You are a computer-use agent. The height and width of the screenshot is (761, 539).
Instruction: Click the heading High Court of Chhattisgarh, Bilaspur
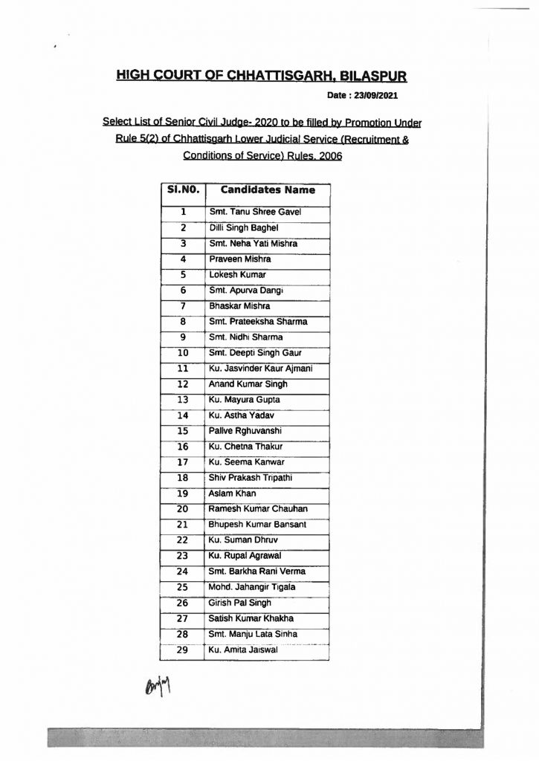pyautogui.click(x=262, y=77)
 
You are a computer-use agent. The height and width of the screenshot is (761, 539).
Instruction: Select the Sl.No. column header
pyautogui.click(x=181, y=190)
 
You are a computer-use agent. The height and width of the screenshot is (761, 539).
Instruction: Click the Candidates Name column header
pyautogui.click(x=268, y=190)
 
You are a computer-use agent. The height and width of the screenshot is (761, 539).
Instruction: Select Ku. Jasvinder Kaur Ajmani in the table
pyautogui.click(x=259, y=369)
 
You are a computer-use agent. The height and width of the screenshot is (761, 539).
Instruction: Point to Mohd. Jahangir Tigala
pyautogui.click(x=253, y=587)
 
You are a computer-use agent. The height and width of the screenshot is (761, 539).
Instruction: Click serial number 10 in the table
pyautogui.click(x=181, y=352)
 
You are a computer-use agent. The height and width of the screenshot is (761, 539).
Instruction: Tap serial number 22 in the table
pyautogui.click(x=181, y=540)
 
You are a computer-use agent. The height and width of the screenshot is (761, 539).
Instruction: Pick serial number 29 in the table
pyautogui.click(x=181, y=650)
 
